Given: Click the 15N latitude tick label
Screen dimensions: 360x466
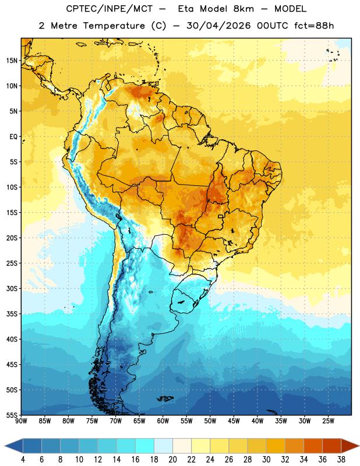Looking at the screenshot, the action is tap(12, 61).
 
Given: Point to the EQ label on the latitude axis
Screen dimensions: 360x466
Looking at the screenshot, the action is tap(13, 137).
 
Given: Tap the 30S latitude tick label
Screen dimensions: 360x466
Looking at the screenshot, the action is tap(12, 289).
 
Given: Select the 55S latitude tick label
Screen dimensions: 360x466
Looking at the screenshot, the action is tap(12, 415).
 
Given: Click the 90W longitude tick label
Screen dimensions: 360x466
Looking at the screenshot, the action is tap(21, 421).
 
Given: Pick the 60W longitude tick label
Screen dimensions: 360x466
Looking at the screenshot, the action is tap(163, 421).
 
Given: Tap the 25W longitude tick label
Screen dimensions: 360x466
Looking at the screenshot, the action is tap(328, 421).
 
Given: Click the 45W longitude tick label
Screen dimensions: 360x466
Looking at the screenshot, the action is tap(234, 421).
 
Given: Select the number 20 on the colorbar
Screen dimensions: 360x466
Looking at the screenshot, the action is tap(172, 460).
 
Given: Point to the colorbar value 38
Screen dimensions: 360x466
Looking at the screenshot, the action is tap(341, 460).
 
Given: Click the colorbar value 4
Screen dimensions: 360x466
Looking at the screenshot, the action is tap(23, 460).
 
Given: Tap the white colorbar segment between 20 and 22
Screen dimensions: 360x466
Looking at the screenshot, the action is tap(182, 446).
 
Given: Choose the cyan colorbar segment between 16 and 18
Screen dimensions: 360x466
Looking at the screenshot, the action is tap(144, 446).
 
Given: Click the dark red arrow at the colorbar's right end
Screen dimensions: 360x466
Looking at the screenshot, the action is tap(350, 446).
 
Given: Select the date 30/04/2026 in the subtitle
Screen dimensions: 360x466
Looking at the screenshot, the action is tap(218, 26).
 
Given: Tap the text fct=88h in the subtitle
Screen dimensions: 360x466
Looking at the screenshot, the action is tap(314, 26).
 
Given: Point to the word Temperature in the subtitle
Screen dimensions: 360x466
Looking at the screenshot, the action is tap(114, 26).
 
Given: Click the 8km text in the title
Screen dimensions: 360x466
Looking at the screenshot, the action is tap(243, 9).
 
